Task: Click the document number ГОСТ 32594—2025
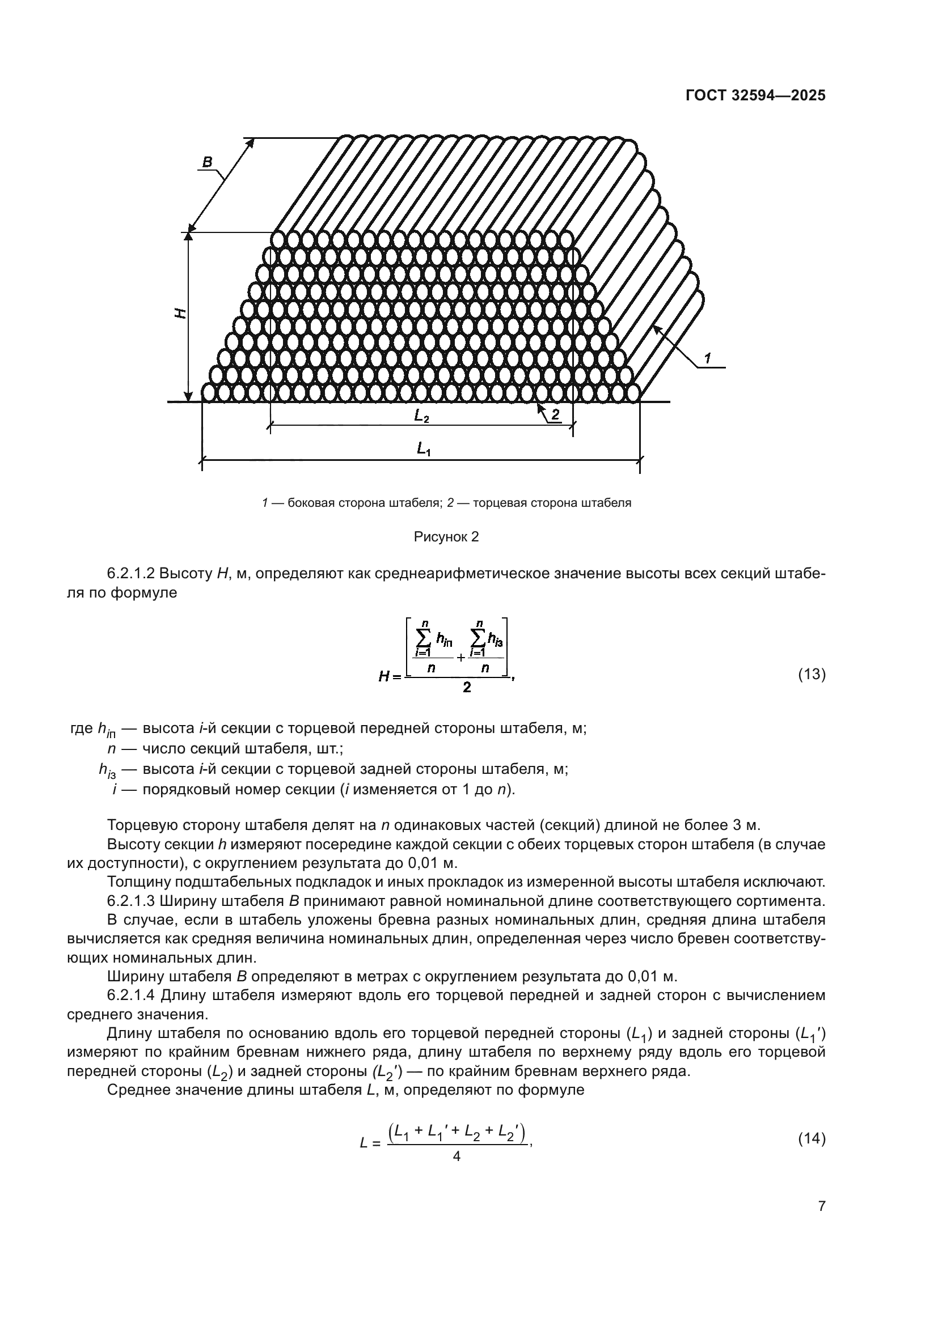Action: pos(755,96)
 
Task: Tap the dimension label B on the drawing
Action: pos(206,163)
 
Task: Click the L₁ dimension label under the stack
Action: pos(424,448)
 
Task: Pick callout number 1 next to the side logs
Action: pos(708,358)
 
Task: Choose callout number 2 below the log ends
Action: pos(555,414)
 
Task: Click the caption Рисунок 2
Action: pos(446,537)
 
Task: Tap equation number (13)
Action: pos(812,674)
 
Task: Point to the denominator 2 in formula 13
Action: pos(467,688)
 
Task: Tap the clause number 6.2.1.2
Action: pos(130,574)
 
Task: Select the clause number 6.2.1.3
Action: pos(130,918)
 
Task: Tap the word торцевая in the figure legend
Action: pos(497,503)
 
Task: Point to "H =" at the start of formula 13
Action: pos(389,676)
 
